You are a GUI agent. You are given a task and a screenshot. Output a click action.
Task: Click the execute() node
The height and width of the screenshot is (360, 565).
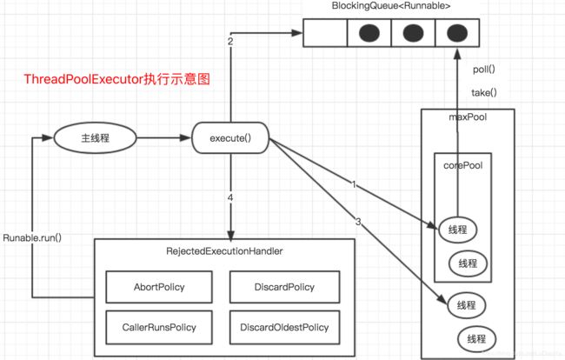(x=230, y=138)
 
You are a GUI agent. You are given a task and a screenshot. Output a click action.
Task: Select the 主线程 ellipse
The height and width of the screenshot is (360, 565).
(x=95, y=137)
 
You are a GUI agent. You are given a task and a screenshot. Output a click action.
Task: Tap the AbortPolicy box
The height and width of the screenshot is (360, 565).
(x=159, y=287)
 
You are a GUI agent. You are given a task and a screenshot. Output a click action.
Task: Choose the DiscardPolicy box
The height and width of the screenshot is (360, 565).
(x=284, y=287)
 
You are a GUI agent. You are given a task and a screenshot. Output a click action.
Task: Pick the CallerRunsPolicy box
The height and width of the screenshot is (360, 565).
(x=159, y=327)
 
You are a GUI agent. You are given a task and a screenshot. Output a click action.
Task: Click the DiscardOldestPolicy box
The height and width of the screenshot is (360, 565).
(x=284, y=327)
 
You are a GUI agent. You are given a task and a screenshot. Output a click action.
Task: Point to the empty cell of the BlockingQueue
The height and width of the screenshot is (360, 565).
(x=325, y=33)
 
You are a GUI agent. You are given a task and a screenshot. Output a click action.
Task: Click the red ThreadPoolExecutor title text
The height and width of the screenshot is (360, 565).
(x=116, y=79)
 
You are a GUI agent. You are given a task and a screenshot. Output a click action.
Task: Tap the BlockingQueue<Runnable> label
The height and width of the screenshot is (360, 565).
(x=391, y=6)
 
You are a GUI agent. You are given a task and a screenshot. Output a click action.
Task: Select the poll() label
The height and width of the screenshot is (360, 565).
(x=484, y=70)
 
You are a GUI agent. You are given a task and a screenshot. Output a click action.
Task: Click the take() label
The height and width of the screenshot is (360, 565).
(x=484, y=93)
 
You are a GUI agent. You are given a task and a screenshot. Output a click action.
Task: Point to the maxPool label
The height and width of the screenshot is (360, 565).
(x=468, y=117)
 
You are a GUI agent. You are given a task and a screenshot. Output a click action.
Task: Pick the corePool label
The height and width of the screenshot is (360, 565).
(x=463, y=165)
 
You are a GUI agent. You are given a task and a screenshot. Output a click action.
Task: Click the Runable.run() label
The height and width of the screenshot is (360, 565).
(x=32, y=238)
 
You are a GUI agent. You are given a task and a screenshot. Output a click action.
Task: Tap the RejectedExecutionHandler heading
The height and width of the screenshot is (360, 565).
(x=224, y=251)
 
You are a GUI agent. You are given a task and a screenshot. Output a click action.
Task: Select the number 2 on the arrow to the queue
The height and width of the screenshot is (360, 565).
(x=230, y=42)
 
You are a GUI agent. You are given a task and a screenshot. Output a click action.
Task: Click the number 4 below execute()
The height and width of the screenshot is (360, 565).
(x=230, y=197)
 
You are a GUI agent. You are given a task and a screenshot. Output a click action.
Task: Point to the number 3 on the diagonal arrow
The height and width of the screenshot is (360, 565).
(x=358, y=222)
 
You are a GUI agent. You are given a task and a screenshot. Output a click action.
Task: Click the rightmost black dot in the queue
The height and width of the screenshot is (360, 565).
(x=457, y=33)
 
